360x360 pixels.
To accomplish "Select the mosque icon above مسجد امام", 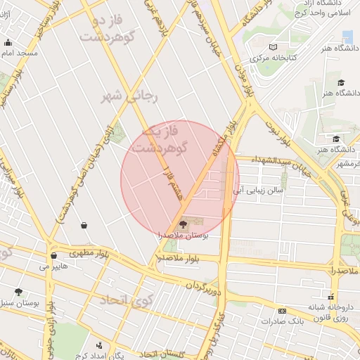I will click(7, 42).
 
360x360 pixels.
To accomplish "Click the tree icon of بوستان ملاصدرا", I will click(183, 225).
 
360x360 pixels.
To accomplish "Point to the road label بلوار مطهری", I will click(91, 252).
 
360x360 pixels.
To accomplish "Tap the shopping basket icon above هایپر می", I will click(53, 256).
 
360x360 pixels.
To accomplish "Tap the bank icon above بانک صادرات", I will click(282, 310).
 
